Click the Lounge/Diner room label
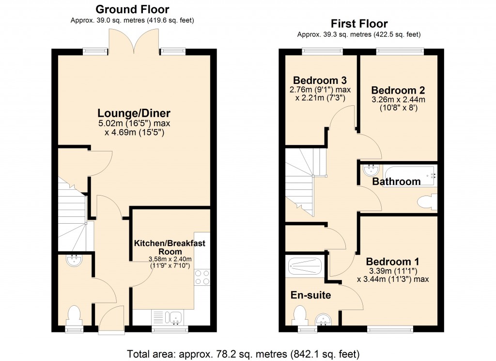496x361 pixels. (134, 114)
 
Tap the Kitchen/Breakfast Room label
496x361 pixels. (170, 247)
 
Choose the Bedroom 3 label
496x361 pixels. (320, 80)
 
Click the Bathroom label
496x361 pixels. (396, 181)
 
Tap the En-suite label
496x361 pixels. (310, 295)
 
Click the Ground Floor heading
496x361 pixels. (132, 9)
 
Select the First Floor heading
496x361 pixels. (359, 23)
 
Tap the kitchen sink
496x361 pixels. (173, 318)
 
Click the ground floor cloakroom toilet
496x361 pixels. (74, 315)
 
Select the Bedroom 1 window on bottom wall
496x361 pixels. (383, 329)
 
